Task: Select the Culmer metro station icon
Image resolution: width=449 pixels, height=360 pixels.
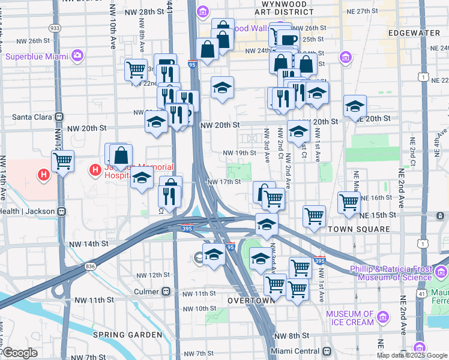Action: (x=166, y=292)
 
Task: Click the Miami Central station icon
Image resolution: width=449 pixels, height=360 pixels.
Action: (x=327, y=351)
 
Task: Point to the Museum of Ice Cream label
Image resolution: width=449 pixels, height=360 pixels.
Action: (x=350, y=318)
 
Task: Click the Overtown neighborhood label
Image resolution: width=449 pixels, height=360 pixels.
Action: (x=251, y=299)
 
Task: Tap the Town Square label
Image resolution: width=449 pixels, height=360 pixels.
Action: (x=359, y=229)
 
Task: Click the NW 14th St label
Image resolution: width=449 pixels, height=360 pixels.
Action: (x=88, y=244)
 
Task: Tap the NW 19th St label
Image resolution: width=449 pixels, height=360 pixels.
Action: (x=240, y=153)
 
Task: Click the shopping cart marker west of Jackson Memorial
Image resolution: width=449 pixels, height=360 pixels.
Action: (x=62, y=160)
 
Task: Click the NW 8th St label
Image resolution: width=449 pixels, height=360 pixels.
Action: (x=292, y=336)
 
